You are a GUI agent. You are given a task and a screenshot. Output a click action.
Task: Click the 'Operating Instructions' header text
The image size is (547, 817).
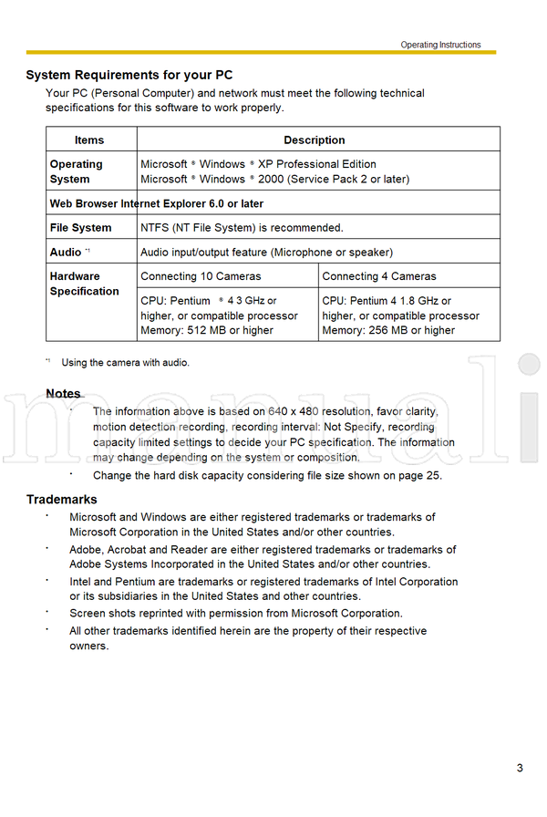point(440,45)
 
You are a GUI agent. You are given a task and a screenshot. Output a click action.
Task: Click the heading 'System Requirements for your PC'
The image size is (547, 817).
point(129,75)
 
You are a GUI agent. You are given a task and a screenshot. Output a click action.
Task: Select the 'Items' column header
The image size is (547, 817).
point(89,140)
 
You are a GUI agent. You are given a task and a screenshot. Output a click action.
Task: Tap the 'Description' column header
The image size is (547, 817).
point(315,140)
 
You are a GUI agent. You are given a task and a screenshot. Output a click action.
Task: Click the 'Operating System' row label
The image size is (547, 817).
point(77,171)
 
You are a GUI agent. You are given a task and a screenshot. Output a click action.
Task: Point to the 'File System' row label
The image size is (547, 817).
point(81,228)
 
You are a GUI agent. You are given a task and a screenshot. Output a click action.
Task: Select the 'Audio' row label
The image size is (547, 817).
point(66,252)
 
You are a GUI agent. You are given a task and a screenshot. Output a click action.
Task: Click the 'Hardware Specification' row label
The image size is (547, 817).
point(84,284)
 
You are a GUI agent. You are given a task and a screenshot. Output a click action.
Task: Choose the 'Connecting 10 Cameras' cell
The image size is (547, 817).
point(201,276)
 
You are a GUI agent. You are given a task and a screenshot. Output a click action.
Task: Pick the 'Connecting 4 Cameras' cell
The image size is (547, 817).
point(379,276)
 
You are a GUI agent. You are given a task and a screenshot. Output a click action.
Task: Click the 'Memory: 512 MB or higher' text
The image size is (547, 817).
point(207,330)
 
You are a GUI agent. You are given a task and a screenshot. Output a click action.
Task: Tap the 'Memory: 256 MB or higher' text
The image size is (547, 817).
point(388,330)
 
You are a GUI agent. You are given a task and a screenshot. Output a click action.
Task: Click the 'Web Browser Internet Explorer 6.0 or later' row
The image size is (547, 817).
point(157,203)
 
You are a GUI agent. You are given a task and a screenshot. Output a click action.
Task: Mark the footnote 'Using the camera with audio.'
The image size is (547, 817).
point(126,363)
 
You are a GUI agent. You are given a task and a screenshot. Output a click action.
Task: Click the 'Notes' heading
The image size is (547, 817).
point(63,394)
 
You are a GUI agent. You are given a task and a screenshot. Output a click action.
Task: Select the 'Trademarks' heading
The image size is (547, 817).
point(61,500)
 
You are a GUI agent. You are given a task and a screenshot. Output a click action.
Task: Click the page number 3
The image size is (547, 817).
point(520,768)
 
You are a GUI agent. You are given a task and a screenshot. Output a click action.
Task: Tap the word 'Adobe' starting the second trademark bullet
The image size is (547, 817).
point(86,550)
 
